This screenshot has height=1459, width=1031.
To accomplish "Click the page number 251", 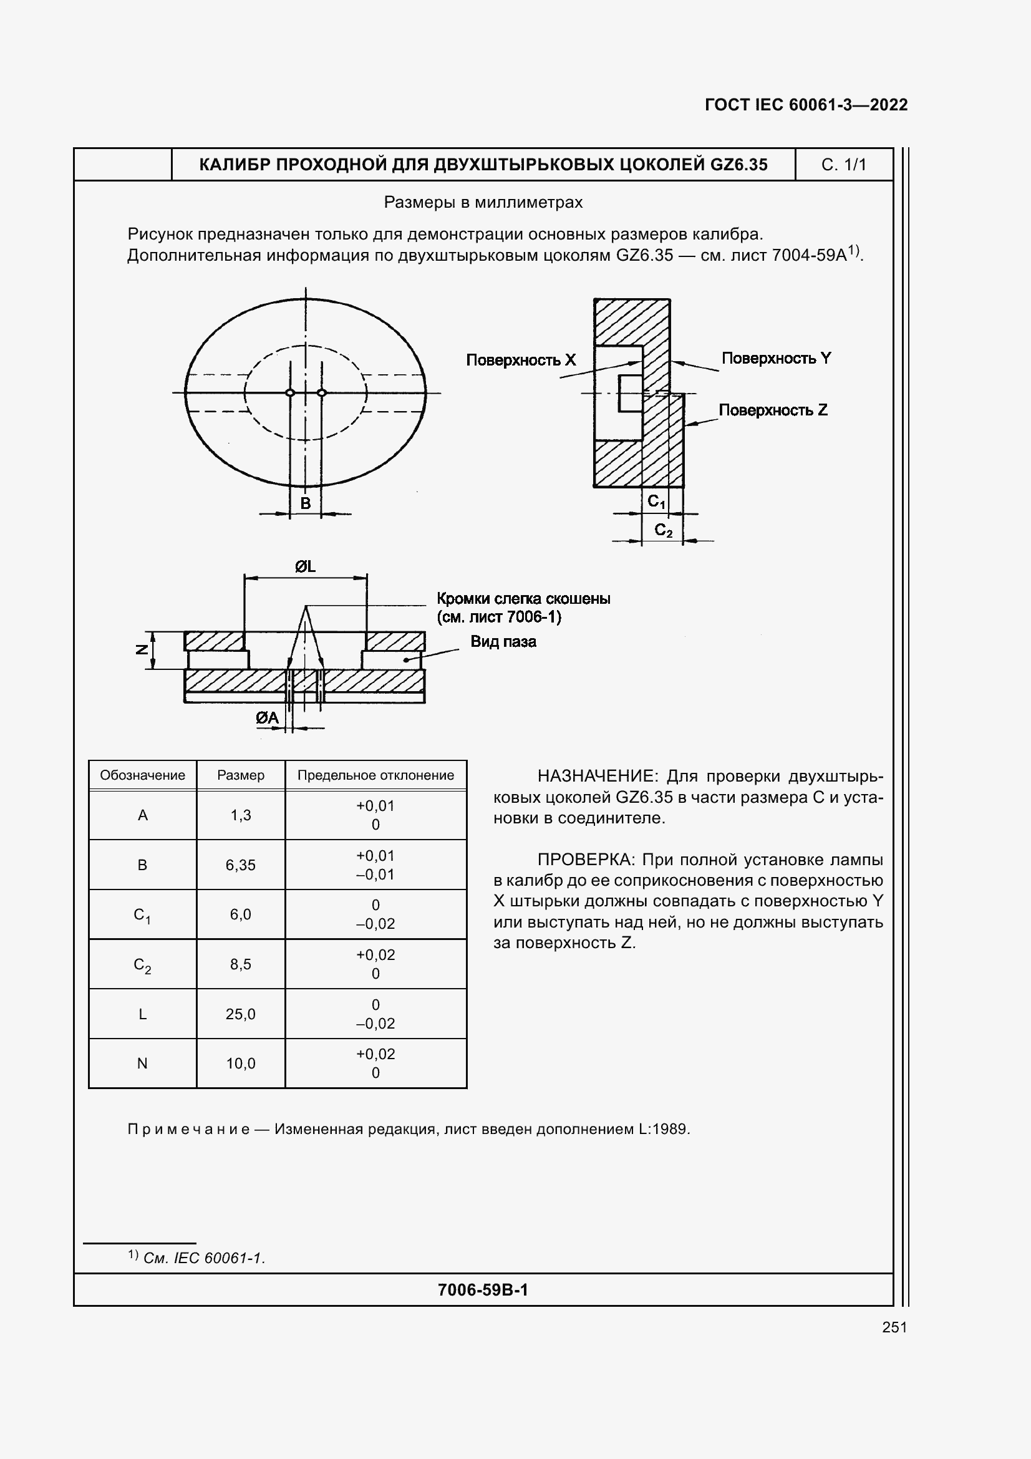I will [894, 1327].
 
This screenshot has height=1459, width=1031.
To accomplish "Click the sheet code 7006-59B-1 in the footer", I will [483, 1289].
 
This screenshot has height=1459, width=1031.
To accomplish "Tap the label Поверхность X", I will [520, 360].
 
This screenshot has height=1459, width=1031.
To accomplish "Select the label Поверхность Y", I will [776, 358].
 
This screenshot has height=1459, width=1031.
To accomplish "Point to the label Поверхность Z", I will [772, 410].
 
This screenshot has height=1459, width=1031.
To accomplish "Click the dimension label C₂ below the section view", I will [663, 530].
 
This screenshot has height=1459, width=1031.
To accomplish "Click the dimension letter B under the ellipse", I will [306, 503].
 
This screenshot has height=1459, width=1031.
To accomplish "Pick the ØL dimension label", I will [306, 566].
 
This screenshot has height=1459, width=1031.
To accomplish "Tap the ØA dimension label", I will [268, 718].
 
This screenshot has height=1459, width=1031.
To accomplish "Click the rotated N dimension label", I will [142, 649].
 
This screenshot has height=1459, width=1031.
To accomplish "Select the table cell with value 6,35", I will [240, 865].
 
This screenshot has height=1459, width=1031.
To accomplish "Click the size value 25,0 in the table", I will [240, 1014].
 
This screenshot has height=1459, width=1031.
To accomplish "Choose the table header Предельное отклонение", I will [375, 775].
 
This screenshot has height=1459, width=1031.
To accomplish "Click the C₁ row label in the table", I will [142, 915].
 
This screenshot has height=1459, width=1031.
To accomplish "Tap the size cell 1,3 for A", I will [240, 815].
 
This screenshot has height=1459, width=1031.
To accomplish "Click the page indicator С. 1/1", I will [844, 165].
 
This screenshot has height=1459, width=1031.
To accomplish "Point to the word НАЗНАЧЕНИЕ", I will [595, 776].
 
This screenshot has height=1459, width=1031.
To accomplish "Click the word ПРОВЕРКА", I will [586, 860].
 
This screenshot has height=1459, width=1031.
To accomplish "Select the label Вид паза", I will [503, 642].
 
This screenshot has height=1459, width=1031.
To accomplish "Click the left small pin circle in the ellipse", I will [290, 393].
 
